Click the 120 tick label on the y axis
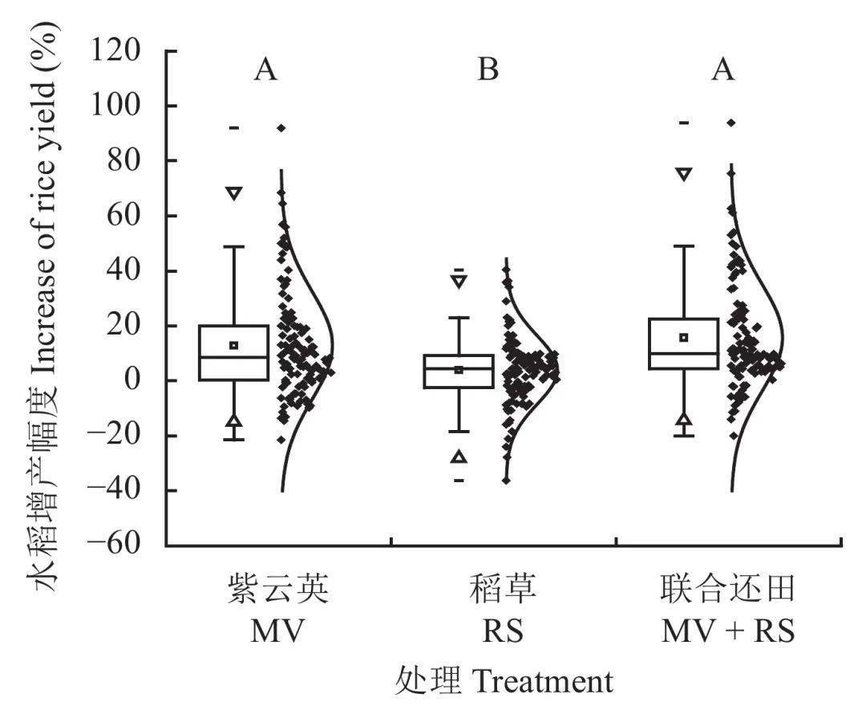(x=128, y=51)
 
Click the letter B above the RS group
(x=488, y=71)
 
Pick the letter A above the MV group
(x=266, y=71)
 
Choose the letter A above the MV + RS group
(x=723, y=71)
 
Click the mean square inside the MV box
(x=234, y=345)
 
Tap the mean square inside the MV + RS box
(x=684, y=338)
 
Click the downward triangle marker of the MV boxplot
(x=233, y=193)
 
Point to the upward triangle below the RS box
(x=459, y=456)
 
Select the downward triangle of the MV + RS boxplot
(x=683, y=174)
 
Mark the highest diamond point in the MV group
(x=281, y=128)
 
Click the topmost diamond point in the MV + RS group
(x=731, y=123)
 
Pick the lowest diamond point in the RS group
(x=506, y=481)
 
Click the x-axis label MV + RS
(x=727, y=632)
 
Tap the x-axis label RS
(x=503, y=632)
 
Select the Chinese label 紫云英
(x=277, y=591)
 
